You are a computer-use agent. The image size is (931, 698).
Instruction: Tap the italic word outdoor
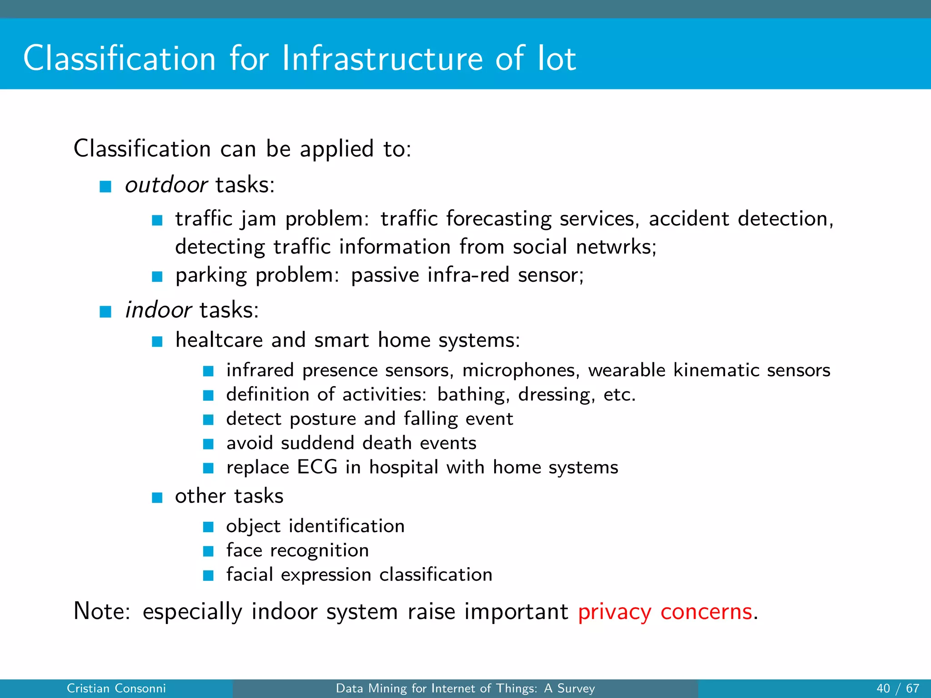click(166, 185)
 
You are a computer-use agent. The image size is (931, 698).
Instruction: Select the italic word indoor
click(158, 310)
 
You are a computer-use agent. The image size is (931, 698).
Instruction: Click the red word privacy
click(614, 612)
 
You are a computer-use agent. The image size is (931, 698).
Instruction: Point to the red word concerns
click(706, 612)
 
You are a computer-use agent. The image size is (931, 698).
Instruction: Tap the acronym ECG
click(317, 467)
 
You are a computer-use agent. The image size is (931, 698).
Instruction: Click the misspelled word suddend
click(317, 443)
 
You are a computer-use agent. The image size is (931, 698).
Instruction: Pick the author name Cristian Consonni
click(116, 688)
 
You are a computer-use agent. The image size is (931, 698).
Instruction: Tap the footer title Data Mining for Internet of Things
click(465, 688)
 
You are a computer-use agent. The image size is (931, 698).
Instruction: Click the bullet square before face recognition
click(208, 551)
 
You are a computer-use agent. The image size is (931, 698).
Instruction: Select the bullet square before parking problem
click(157, 276)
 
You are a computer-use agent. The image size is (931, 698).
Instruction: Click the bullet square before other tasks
click(157, 498)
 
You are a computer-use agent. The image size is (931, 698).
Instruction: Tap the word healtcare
click(219, 340)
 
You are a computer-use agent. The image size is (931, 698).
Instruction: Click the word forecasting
click(499, 219)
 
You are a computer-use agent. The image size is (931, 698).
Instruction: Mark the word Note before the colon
click(100, 611)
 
